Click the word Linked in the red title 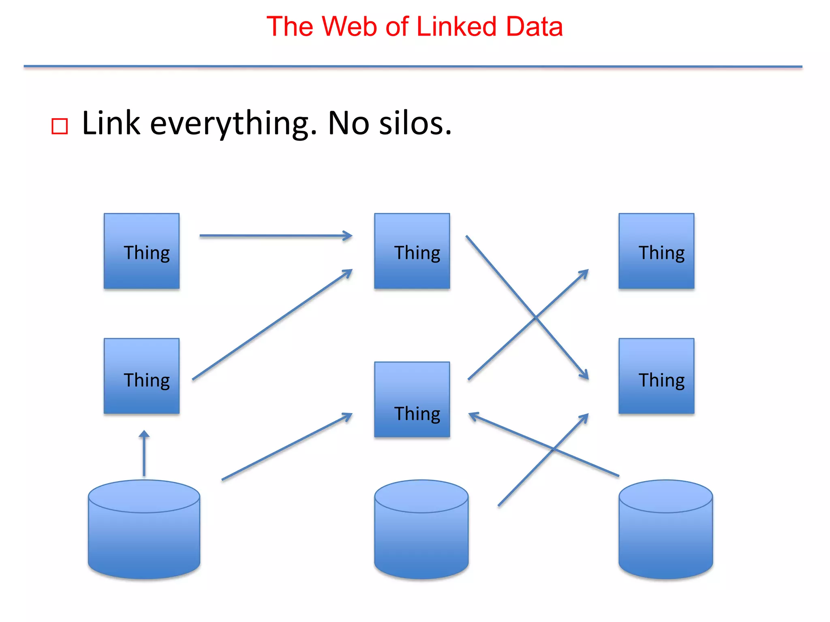pos(456,27)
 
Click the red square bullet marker pos(60,126)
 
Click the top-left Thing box pos(141,251)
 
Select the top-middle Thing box pos(412,251)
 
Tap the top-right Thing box pos(656,251)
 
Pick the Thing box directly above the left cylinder pos(141,376)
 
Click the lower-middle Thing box pos(412,399)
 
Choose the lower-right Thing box pos(656,376)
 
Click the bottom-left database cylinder pos(144,530)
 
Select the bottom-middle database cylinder pos(421,530)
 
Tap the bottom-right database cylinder pos(665,530)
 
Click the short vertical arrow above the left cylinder pos(144,454)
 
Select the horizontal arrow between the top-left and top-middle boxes pos(276,236)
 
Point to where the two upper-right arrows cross pos(535,317)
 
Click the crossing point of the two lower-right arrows pos(553,448)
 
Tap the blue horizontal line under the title pos(413,66)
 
